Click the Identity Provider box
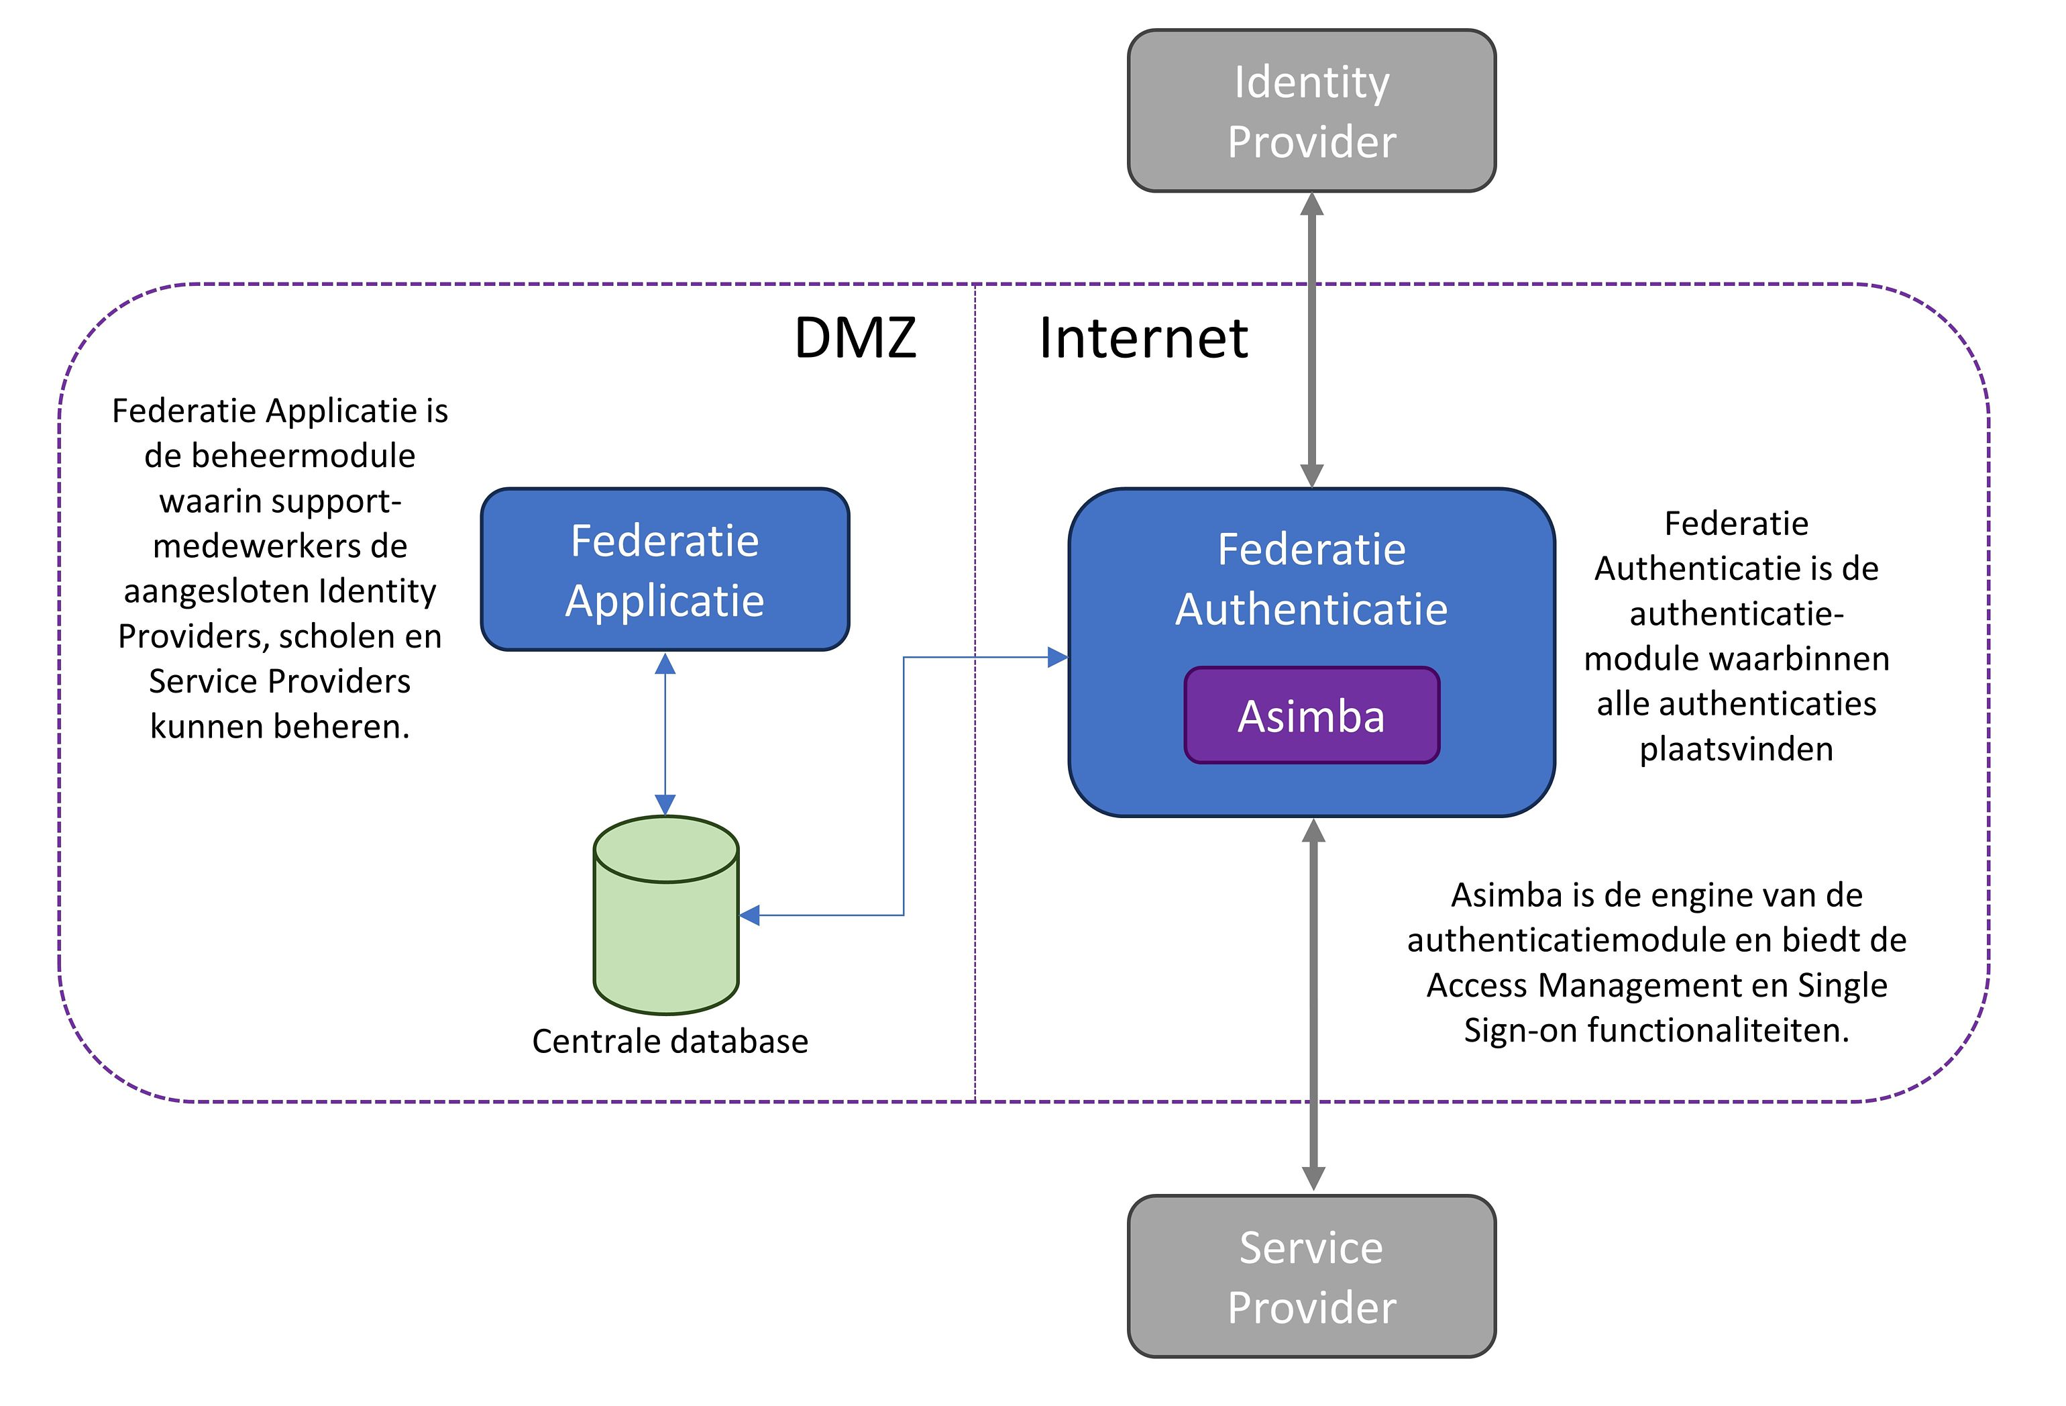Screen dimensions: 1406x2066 pyautogui.click(x=1311, y=111)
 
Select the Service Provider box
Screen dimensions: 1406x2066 pyautogui.click(x=1311, y=1276)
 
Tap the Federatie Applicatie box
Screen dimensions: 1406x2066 pyautogui.click(x=665, y=569)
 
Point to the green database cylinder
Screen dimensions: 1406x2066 pyautogui.click(x=666, y=925)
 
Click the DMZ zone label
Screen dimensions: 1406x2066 pyautogui.click(x=855, y=338)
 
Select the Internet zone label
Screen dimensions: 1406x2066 pyautogui.click(x=1143, y=338)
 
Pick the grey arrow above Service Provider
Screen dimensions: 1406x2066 pyautogui.click(x=1313, y=1005)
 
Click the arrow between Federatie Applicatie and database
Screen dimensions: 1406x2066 pyautogui.click(x=665, y=734)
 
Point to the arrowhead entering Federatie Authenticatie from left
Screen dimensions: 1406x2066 pyautogui.click(x=1057, y=657)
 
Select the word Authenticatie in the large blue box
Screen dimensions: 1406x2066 pyautogui.click(x=1311, y=609)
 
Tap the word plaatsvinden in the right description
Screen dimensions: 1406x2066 pyautogui.click(x=1735, y=749)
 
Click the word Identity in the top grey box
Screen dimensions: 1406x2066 pyautogui.click(x=1311, y=82)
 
